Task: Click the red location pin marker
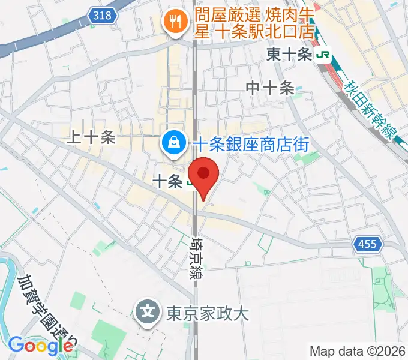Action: [x=203, y=175]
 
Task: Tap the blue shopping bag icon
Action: [x=173, y=143]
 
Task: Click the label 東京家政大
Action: [x=207, y=313]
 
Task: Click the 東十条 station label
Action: [x=289, y=55]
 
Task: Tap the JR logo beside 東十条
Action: [x=324, y=55]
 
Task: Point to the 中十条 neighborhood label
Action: [x=270, y=88]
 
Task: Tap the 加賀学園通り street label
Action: [x=45, y=312]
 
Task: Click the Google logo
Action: [x=40, y=345]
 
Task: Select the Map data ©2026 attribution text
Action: [x=358, y=351]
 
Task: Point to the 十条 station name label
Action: [x=167, y=181]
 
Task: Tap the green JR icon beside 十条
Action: [x=190, y=181]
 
